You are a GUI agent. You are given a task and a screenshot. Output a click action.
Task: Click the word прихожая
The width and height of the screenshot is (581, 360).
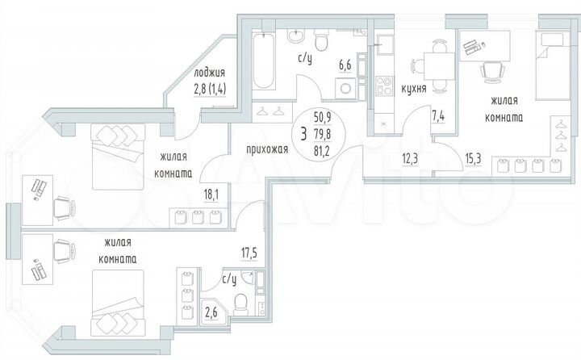(268, 149)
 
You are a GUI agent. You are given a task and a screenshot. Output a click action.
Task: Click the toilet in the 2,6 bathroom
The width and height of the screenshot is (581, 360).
(240, 303)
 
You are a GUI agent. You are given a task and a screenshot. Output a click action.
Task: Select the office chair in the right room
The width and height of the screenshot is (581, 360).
(490, 72)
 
